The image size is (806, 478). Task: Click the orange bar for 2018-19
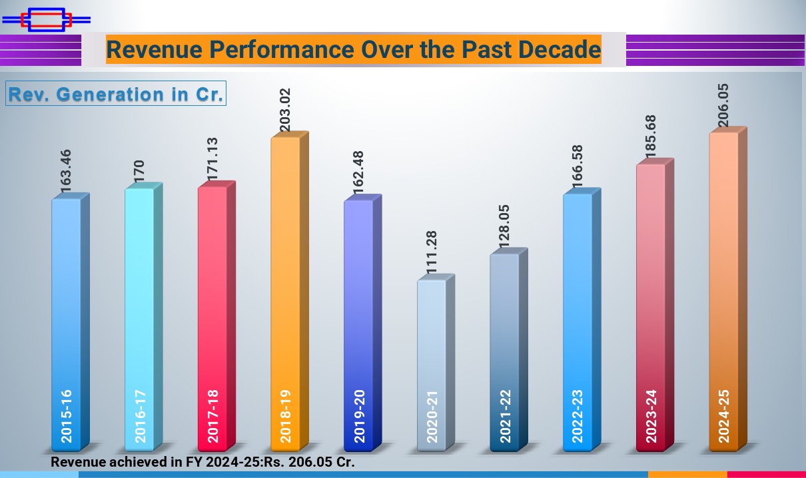click(285, 293)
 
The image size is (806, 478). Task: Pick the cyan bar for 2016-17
click(139, 313)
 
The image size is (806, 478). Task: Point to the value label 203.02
click(285, 111)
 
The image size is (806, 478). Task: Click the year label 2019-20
click(359, 416)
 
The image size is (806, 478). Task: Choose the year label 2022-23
click(578, 416)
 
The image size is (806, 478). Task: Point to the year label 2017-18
click(212, 416)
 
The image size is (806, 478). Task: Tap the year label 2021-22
click(504, 416)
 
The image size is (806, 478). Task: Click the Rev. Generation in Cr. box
click(116, 94)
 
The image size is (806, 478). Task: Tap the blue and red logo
click(46, 19)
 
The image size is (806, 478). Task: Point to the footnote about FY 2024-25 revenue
click(203, 461)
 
